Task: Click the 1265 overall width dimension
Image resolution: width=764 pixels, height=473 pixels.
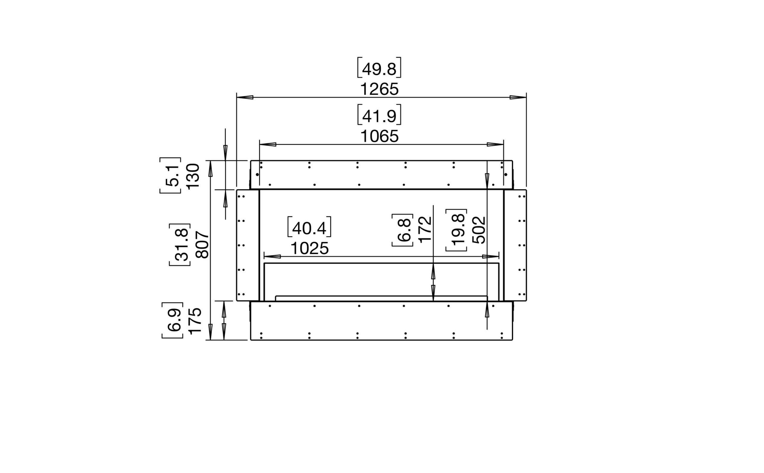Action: [x=379, y=89]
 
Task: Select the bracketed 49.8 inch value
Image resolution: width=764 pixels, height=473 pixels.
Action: [x=379, y=68]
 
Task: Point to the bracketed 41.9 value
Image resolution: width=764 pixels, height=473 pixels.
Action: [x=379, y=114]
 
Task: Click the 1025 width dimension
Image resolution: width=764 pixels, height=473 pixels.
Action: [x=309, y=249]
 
